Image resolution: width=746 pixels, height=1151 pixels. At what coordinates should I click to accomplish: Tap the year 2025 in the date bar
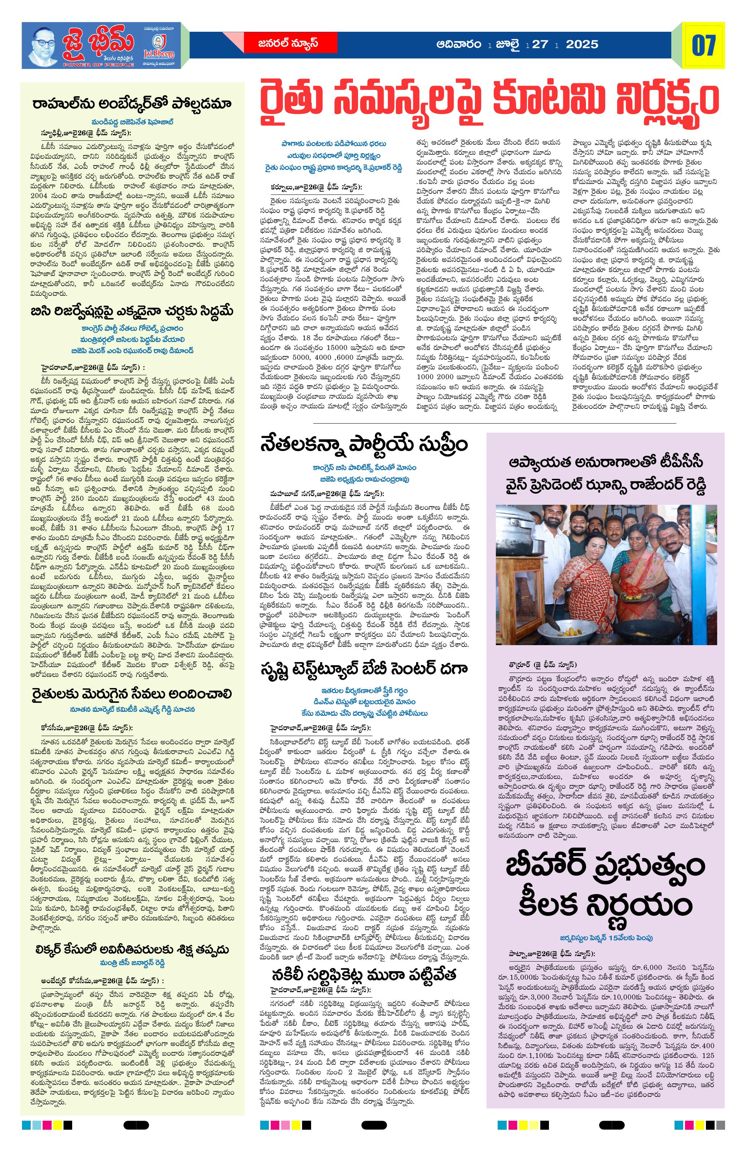582,44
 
